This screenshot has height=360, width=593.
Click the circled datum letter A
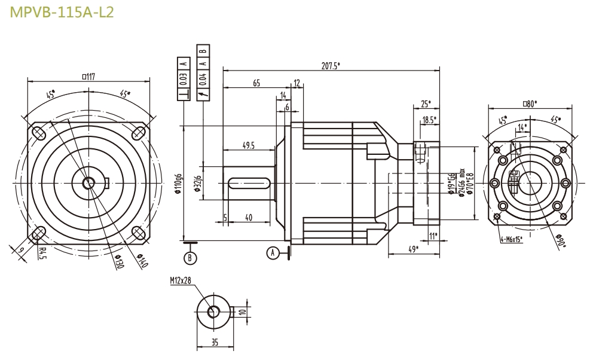(x=273, y=253)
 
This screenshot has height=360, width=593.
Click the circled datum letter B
(x=190, y=258)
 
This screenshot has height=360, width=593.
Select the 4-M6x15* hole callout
(x=511, y=239)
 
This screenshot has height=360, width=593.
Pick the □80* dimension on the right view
(x=530, y=103)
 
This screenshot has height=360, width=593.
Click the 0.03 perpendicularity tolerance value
(x=184, y=78)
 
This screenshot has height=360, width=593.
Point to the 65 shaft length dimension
(x=256, y=84)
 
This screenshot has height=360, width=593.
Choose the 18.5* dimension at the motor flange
(x=428, y=120)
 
